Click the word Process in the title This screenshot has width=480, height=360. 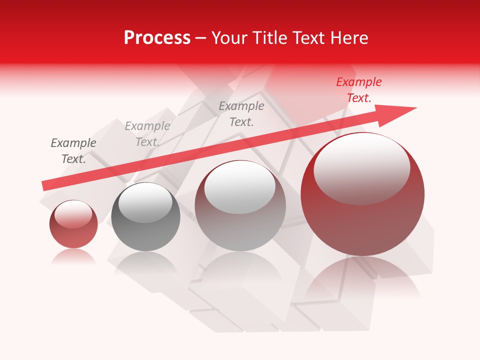pyautogui.click(x=157, y=38)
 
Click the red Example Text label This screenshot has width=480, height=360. pyautogui.click(x=359, y=90)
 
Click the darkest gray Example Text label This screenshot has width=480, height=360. pyautogui.click(x=73, y=151)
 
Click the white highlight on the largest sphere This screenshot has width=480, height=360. pyautogui.click(x=361, y=167)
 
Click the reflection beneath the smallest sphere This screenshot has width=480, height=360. pyautogui.click(x=73, y=256)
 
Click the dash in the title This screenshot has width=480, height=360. pyautogui.click(x=201, y=38)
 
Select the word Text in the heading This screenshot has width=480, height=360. pyautogui.click(x=306, y=38)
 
